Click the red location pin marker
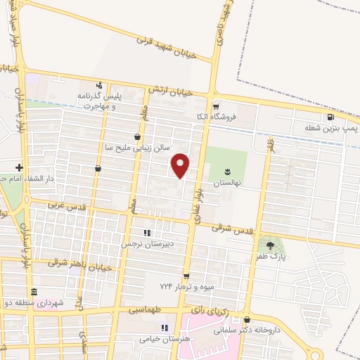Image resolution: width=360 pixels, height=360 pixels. [x=181, y=165]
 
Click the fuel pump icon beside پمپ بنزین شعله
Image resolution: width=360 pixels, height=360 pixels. [x=330, y=117]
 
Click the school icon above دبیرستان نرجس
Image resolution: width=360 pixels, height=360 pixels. [x=146, y=232]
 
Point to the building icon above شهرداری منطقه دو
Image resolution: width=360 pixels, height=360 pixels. [x=33, y=292]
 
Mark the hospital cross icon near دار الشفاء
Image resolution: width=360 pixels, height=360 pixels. [x=19, y=167]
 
